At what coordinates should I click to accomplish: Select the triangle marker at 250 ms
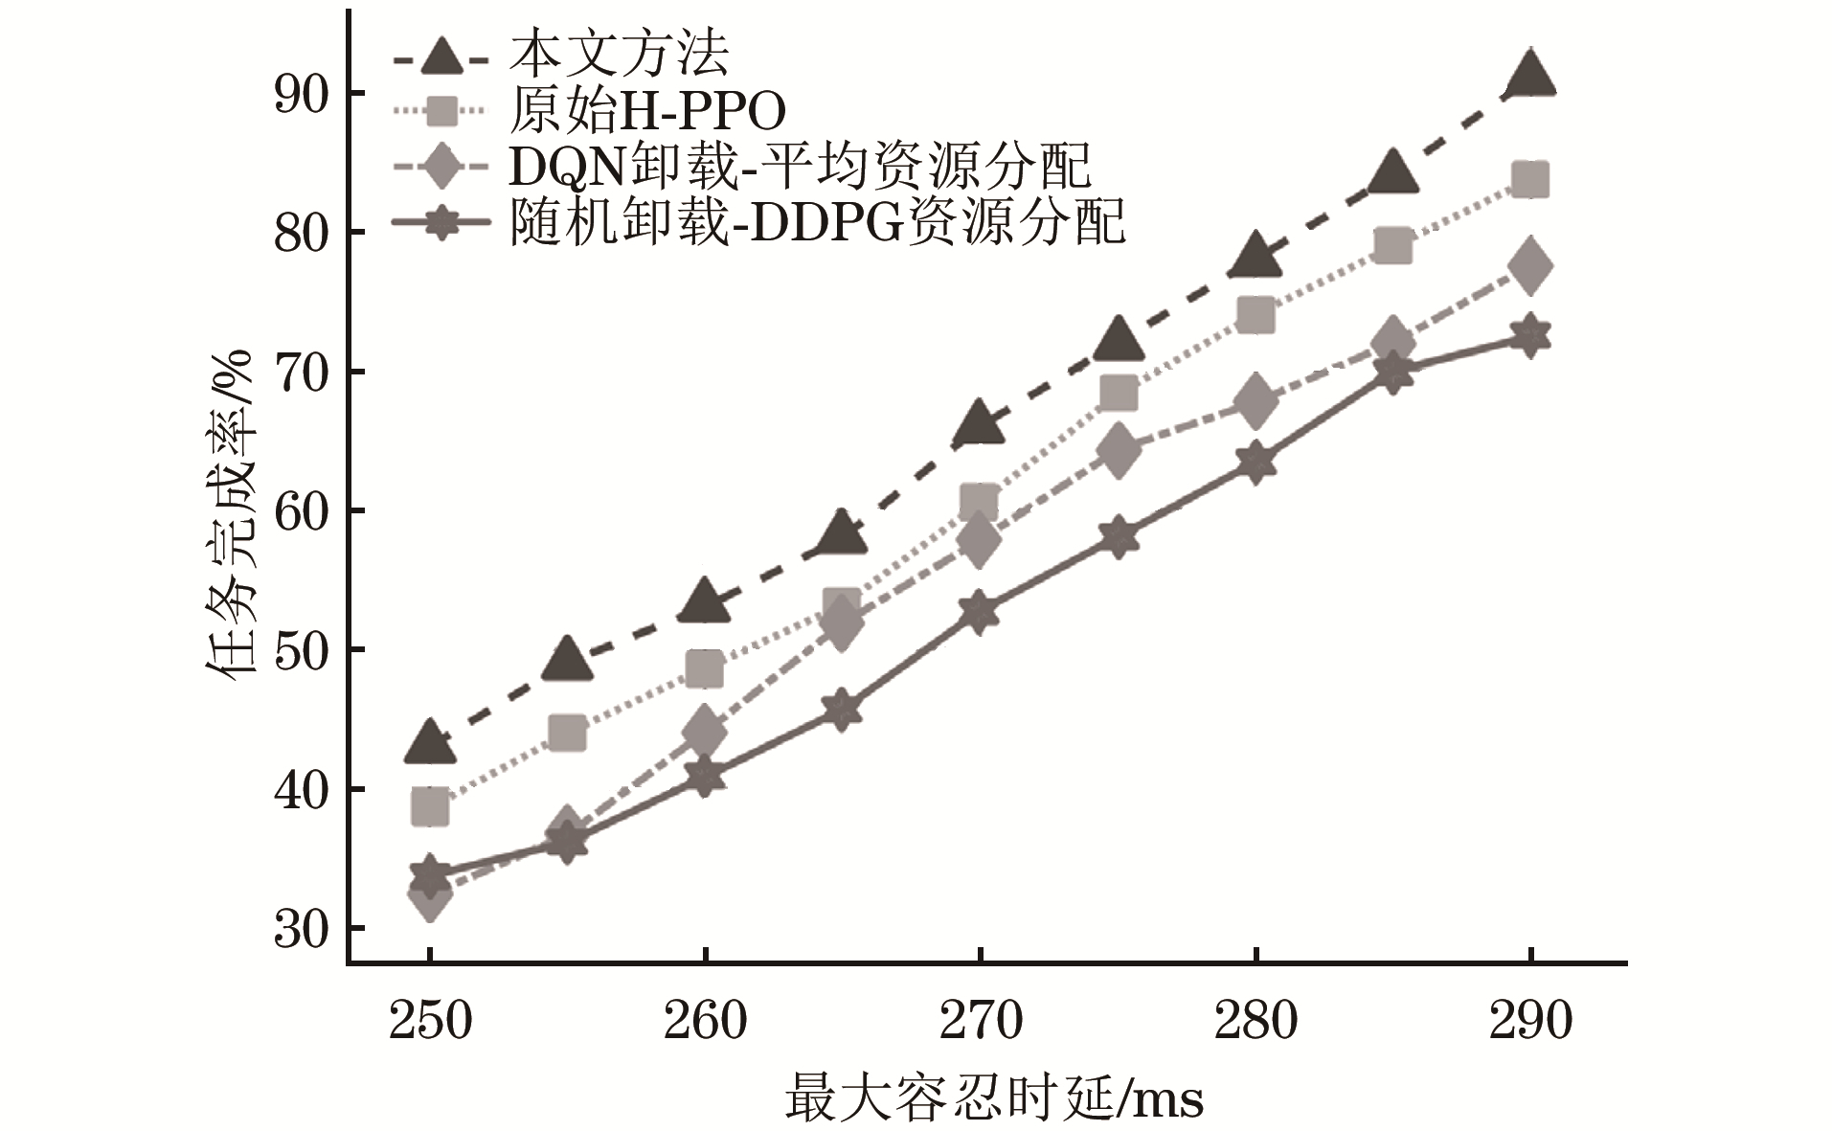(430, 742)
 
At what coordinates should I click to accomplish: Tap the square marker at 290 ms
(1529, 180)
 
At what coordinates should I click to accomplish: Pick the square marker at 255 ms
(567, 734)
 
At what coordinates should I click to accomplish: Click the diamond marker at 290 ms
(1529, 265)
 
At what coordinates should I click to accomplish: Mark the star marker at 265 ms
(842, 710)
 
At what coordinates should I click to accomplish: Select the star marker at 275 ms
(1117, 536)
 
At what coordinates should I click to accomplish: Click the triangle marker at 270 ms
(980, 422)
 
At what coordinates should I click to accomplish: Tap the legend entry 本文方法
(619, 54)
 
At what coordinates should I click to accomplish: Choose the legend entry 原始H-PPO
(647, 112)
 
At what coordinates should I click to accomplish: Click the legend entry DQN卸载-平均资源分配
(800, 169)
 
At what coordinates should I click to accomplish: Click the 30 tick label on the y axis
(301, 929)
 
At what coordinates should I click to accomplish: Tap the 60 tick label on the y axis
(301, 511)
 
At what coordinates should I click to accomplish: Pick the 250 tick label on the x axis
(430, 1021)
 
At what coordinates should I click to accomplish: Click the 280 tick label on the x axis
(1255, 1021)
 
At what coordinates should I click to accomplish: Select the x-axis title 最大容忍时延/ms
(994, 1097)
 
